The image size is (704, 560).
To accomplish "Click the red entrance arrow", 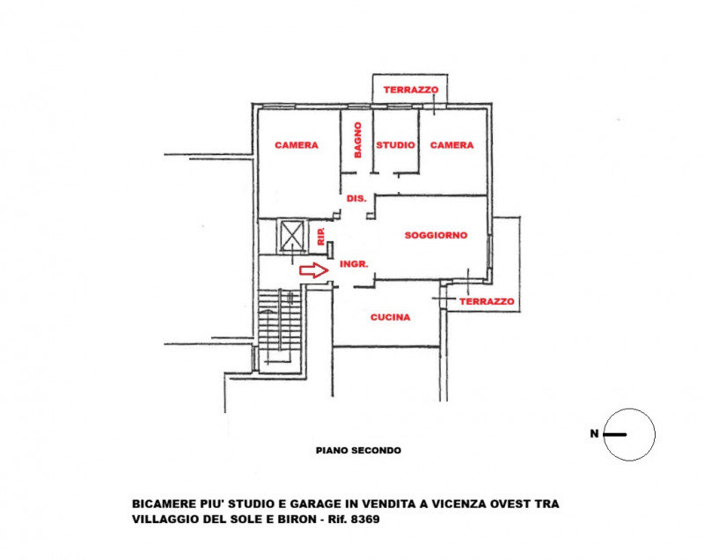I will tap(312, 271).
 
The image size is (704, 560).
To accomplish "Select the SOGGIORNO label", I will tap(435, 235).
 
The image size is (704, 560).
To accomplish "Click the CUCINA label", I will tap(390, 318).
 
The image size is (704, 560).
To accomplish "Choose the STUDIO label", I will tap(396, 145).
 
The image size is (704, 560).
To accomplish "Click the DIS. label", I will tap(356, 199).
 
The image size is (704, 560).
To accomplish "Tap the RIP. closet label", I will tap(321, 235).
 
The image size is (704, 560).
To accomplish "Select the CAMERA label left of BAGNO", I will tap(296, 145).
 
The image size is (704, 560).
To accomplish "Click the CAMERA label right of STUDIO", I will tap(451, 145).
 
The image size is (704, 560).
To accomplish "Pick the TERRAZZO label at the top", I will tap(410, 90).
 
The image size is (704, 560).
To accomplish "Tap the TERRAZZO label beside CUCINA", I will tap(487, 301).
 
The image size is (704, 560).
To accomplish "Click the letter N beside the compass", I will tap(596, 434).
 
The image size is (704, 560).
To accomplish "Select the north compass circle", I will tap(630, 434).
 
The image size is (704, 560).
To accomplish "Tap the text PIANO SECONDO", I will tap(358, 450).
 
